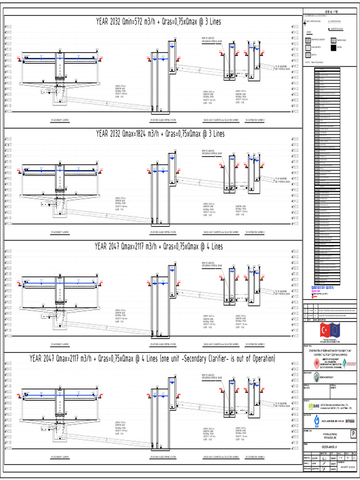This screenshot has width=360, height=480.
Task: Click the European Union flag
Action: pos(337,330)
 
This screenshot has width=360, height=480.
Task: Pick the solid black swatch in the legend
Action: pos(333,47)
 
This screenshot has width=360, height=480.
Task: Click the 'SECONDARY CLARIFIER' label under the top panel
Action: pos(60,120)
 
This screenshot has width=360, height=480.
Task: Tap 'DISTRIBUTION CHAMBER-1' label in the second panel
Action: pos(255,232)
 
